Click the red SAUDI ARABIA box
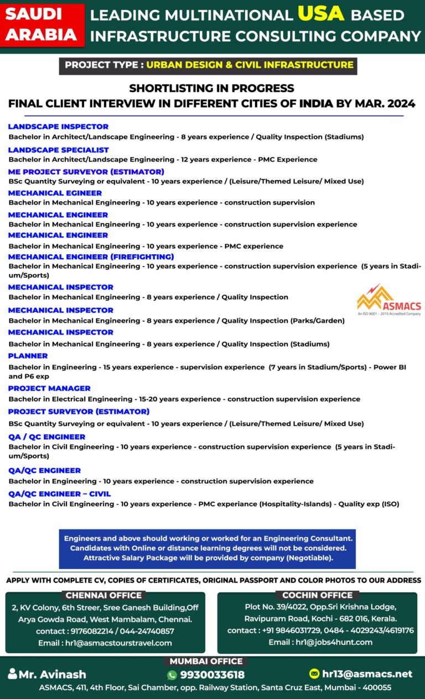click(42, 25)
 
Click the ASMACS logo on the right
click(388, 300)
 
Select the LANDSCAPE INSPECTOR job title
click(58, 127)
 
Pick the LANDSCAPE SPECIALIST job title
click(58, 150)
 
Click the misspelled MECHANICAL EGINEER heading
click(55, 193)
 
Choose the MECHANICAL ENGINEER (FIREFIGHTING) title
click(91, 256)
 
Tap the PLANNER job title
click(28, 356)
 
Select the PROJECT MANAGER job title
click(49, 388)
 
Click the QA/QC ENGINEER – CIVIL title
click(59, 493)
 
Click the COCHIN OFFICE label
click(317, 595)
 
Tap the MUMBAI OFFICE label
click(206, 661)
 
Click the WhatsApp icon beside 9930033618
click(172, 675)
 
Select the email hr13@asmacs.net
click(367, 674)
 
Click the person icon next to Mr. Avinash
click(12, 674)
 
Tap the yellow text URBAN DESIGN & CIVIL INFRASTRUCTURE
click(250, 65)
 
